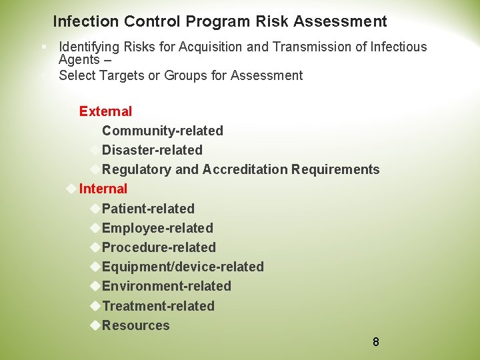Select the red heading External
[105, 111]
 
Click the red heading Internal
[103, 189]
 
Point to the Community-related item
[162, 131]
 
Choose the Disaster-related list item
[152, 150]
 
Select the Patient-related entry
[148, 209]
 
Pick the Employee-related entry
[157, 228]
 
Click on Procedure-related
[159, 247]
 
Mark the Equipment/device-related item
[183, 267]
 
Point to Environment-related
[166, 286]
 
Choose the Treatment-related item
[158, 306]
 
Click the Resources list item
[135, 325]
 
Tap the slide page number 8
[376, 342]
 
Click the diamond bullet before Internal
[71, 189]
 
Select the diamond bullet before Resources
[94, 325]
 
